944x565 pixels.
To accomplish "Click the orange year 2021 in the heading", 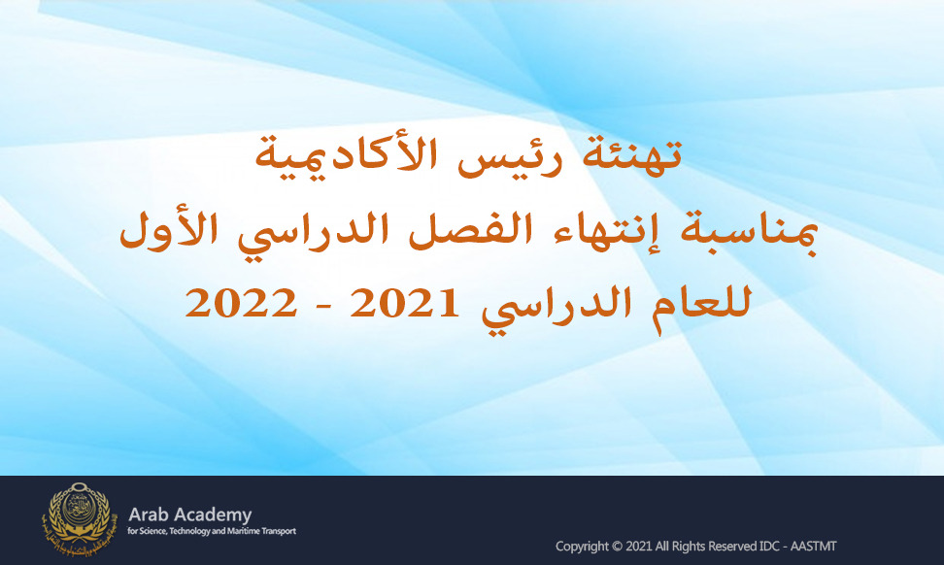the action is pyautogui.click(x=404, y=303).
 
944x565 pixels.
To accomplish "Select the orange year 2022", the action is pyautogui.click(x=241, y=303).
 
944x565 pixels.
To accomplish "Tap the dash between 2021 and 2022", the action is pyautogui.click(x=322, y=307).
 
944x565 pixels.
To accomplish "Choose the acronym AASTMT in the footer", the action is pyautogui.click(x=813, y=547).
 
